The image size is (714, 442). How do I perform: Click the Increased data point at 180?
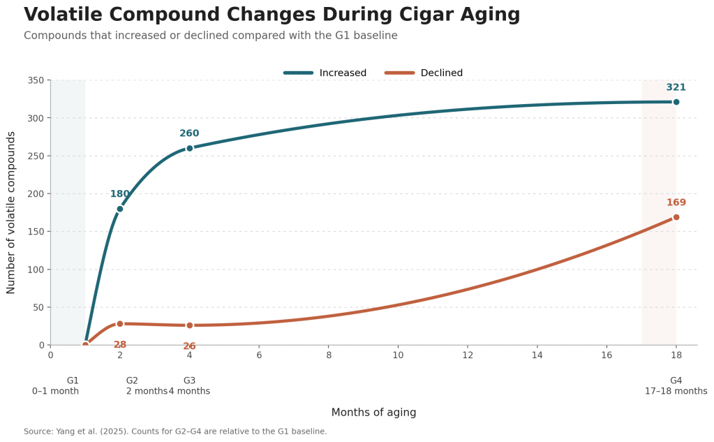[x=120, y=209]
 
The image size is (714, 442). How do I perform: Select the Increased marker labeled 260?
[x=189, y=148]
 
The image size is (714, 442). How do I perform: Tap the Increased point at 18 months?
[x=676, y=102]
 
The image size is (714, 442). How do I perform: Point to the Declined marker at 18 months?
[x=676, y=217]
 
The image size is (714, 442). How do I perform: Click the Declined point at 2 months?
[x=120, y=323]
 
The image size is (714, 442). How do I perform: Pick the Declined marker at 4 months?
[x=189, y=325]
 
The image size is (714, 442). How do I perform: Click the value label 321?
[x=676, y=87]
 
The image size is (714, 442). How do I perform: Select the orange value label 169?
[x=676, y=202]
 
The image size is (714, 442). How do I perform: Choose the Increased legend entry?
[x=325, y=73]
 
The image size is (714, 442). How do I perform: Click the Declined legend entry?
[x=424, y=73]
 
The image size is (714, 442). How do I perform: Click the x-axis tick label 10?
[x=398, y=355]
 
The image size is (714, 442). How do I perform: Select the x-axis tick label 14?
[x=537, y=355]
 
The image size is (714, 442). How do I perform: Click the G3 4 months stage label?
[x=189, y=386]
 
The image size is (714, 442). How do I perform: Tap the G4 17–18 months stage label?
[x=676, y=386]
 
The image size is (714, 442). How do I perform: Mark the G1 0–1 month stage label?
[x=56, y=386]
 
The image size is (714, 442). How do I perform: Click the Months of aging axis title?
[x=373, y=413]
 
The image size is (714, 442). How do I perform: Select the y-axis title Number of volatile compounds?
[x=11, y=213]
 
